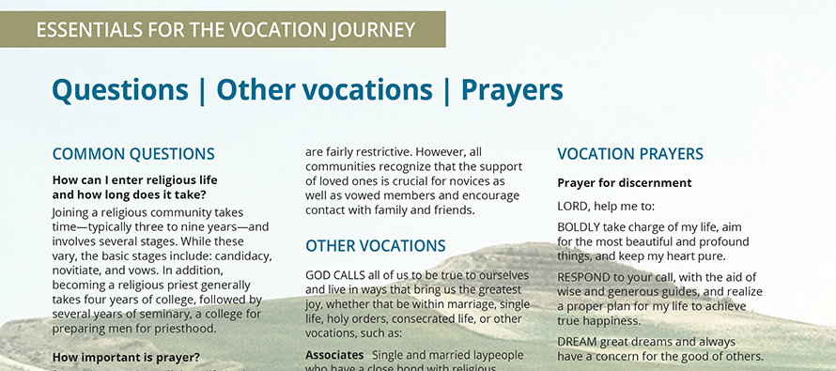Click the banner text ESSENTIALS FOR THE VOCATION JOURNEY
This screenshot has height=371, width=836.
[x=225, y=29]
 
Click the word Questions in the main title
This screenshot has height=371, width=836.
[x=119, y=90]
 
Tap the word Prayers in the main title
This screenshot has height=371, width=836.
[x=512, y=90]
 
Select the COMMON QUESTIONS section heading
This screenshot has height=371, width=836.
[x=133, y=154]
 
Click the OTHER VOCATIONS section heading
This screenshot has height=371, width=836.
[x=376, y=246]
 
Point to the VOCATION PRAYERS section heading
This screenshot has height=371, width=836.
[x=630, y=154]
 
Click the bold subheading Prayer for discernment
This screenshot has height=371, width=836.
[x=625, y=183]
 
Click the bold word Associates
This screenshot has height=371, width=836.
[x=334, y=355]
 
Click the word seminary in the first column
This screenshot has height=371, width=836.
[x=169, y=314]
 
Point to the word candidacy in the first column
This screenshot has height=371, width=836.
[x=240, y=255]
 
